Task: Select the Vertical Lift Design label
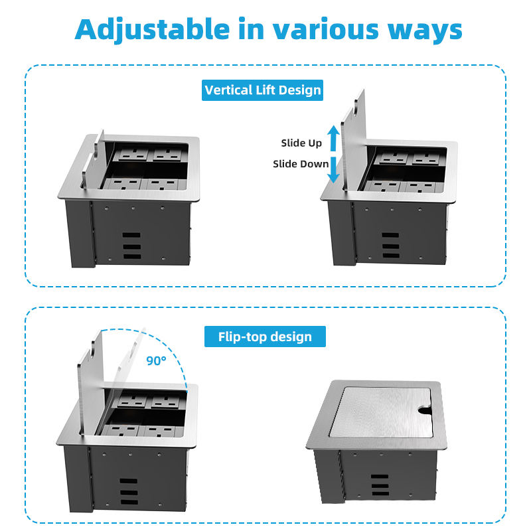[263, 90]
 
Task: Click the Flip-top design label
[265, 337]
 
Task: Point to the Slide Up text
[301, 143]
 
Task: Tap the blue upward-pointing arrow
[335, 139]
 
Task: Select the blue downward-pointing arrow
[335, 170]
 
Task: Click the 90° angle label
[157, 360]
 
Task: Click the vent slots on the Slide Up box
[385, 245]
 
